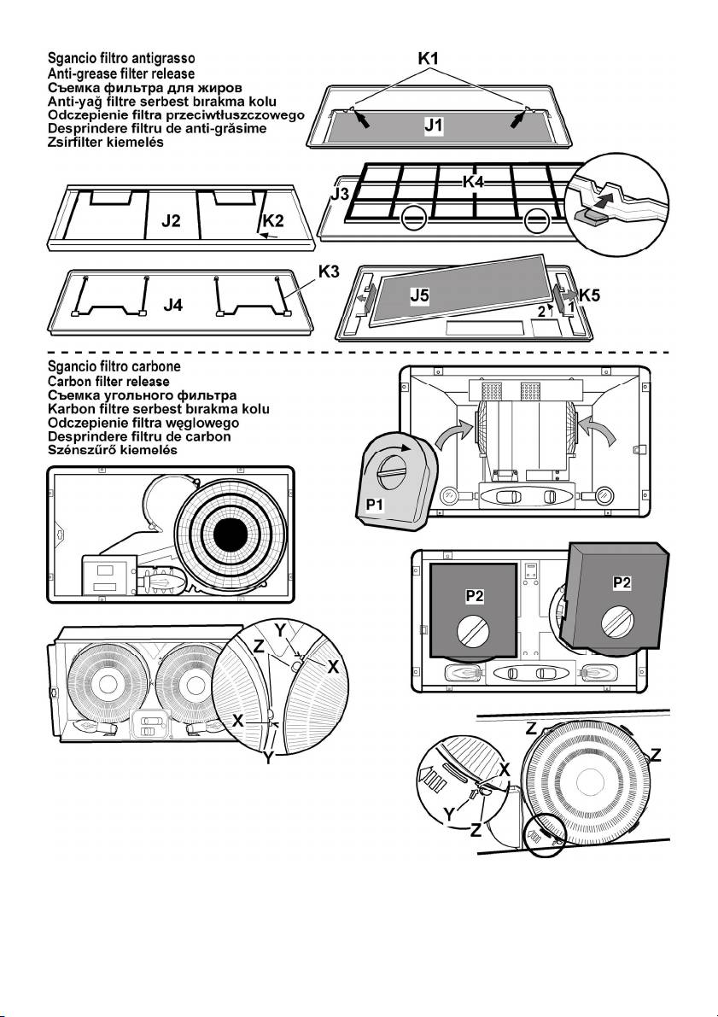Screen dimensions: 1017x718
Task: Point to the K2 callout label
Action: [x=273, y=220]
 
